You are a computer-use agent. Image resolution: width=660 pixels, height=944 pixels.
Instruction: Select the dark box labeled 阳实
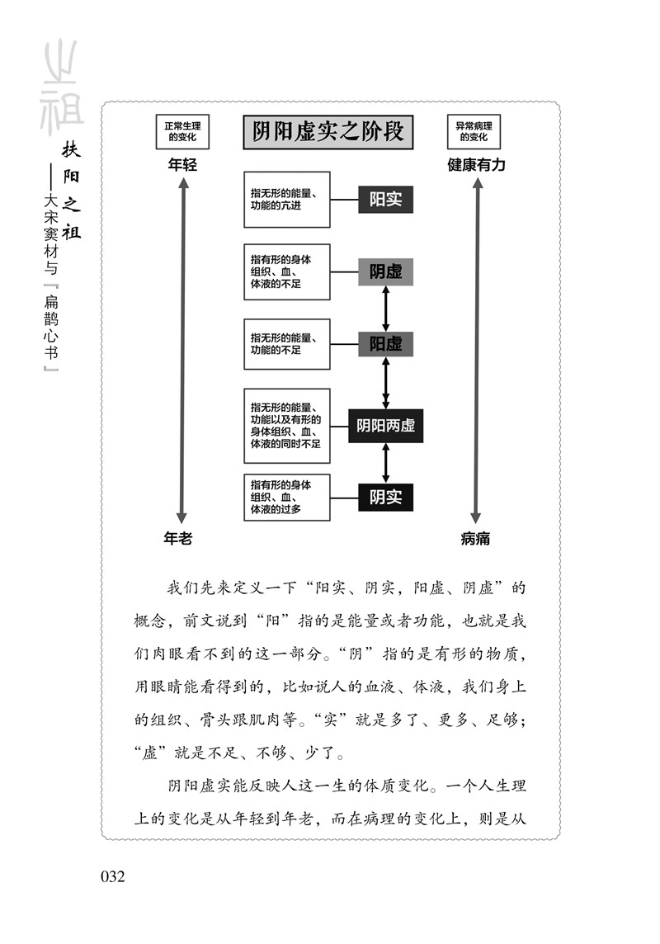pyautogui.click(x=385, y=200)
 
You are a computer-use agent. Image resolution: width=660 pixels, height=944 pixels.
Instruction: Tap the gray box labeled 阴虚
pyautogui.click(x=385, y=271)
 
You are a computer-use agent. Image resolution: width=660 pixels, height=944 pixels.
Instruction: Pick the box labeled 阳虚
pyautogui.click(x=385, y=343)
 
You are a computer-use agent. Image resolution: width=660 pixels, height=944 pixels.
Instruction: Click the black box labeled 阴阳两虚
pyautogui.click(x=385, y=426)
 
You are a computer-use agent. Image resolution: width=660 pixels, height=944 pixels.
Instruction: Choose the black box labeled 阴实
pyautogui.click(x=385, y=497)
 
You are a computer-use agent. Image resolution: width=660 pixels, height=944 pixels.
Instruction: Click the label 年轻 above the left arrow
pyautogui.click(x=182, y=165)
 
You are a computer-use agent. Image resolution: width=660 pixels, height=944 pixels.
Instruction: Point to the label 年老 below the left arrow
pyautogui.click(x=177, y=538)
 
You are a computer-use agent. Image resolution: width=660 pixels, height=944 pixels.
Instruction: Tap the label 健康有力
pyautogui.click(x=476, y=165)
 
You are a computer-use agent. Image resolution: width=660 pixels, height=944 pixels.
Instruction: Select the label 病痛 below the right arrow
pyautogui.click(x=475, y=538)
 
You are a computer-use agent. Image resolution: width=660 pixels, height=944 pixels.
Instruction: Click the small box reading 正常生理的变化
pyautogui.click(x=182, y=132)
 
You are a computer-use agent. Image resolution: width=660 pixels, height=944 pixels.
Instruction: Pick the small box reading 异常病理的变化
pyautogui.click(x=474, y=132)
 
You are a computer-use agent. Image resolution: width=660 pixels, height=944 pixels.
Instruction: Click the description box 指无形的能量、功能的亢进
pyautogui.click(x=286, y=200)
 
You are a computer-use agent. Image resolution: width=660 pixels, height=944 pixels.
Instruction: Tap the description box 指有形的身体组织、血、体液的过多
pyautogui.click(x=286, y=497)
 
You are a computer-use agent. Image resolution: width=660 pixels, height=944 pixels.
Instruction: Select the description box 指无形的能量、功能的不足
pyautogui.click(x=286, y=343)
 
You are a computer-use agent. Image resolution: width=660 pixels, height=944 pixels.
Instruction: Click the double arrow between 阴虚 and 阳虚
pyautogui.click(x=385, y=308)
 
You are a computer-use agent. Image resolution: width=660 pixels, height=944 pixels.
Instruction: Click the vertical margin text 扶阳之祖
pyautogui.click(x=72, y=190)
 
